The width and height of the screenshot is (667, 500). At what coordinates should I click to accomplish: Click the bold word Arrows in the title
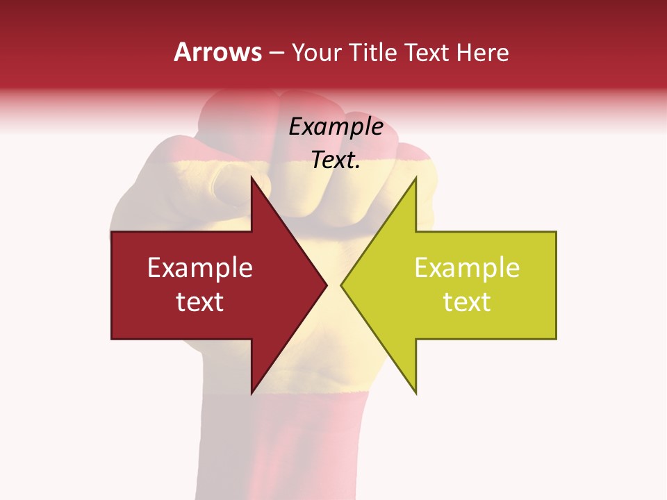[x=218, y=52]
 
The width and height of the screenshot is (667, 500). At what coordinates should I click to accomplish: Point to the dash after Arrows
[x=277, y=53]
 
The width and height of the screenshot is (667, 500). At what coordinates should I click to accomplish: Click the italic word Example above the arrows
[x=336, y=127]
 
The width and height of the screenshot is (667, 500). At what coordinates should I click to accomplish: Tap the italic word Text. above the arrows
[x=336, y=160]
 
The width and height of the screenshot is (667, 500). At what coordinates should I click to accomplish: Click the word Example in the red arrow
[x=200, y=268]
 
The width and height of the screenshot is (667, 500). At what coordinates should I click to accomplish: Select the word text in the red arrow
[x=200, y=302]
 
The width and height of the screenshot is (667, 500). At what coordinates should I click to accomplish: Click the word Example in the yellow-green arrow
[x=467, y=268]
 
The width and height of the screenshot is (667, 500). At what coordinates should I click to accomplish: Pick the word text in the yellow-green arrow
[x=467, y=302]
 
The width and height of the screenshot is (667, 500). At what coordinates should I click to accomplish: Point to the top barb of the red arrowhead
[x=253, y=182]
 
